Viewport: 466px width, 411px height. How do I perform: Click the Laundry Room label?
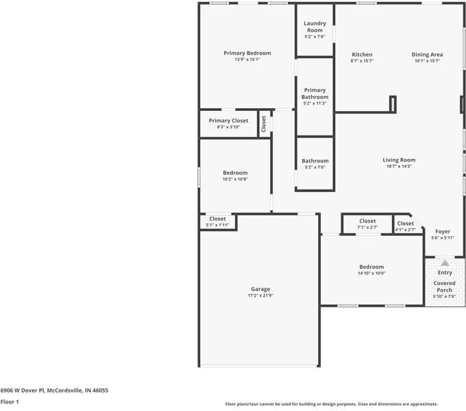tap(315, 27)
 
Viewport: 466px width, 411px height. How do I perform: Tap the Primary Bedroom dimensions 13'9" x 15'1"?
tap(247, 60)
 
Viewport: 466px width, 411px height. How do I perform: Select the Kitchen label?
tap(362, 54)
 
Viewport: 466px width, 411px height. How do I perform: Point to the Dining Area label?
tap(427, 54)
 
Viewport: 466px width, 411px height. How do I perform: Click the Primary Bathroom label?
tap(315, 94)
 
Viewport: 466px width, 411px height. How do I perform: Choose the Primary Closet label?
tap(228, 121)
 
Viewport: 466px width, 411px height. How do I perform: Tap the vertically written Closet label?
tap(263, 123)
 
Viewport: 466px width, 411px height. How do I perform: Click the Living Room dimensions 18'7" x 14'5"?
tap(399, 166)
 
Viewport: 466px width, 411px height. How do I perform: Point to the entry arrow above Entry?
tap(444, 262)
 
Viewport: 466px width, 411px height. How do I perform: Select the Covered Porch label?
tap(444, 286)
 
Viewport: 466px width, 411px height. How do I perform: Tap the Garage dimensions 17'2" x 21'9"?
tap(260, 296)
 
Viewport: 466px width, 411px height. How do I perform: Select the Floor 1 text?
tap(10, 402)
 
